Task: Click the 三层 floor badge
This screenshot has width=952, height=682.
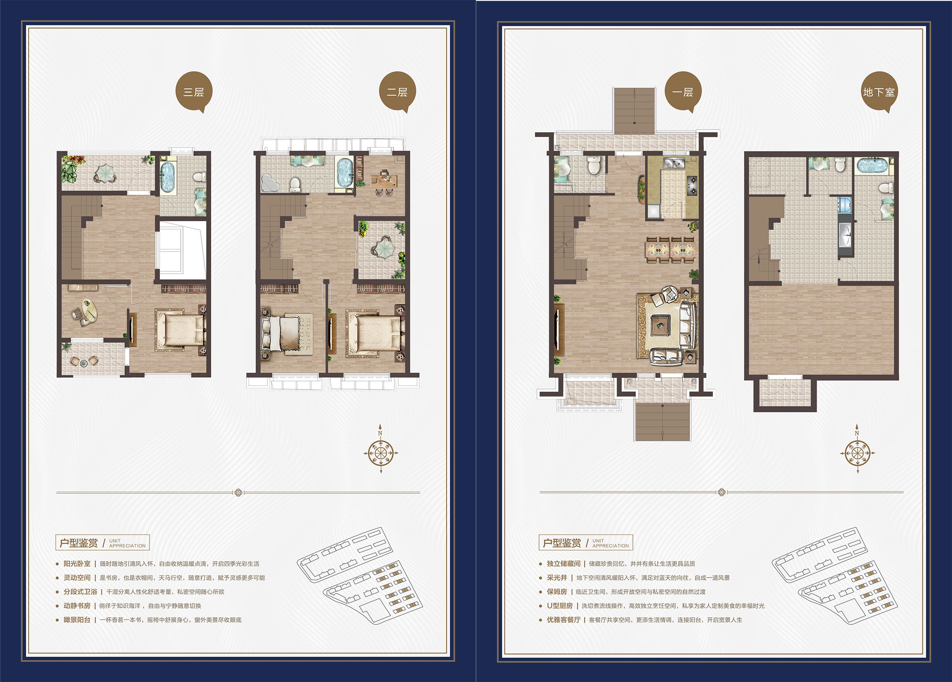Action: [x=194, y=92]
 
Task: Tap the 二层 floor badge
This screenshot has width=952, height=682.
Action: [x=398, y=92]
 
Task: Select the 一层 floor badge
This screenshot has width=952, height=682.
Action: [x=683, y=92]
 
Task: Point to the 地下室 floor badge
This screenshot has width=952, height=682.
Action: [x=879, y=92]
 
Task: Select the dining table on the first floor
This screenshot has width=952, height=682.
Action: [x=670, y=250]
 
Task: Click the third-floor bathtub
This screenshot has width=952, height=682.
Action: [x=167, y=177]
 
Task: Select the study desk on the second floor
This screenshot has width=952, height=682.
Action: [x=384, y=179]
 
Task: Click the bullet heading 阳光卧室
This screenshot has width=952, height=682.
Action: [x=77, y=563]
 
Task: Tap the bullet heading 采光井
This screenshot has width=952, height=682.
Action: [x=557, y=578]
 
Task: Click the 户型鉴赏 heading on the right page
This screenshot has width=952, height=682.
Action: [x=562, y=543]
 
